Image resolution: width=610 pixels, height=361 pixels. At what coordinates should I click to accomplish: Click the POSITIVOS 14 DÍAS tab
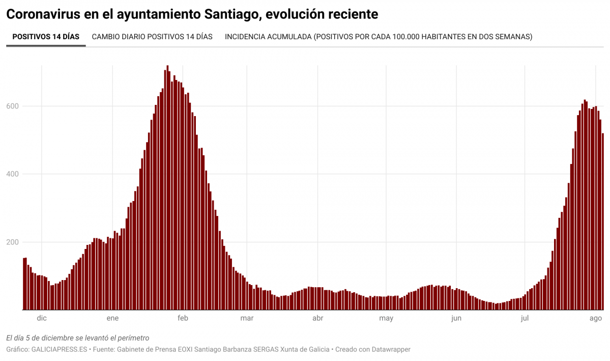[x=46, y=37]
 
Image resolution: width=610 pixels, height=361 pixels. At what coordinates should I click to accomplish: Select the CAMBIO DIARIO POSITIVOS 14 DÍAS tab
[x=152, y=37]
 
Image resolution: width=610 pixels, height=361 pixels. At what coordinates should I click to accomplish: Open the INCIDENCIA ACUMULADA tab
[x=378, y=37]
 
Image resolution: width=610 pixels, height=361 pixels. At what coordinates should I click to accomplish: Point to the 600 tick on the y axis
[x=13, y=106]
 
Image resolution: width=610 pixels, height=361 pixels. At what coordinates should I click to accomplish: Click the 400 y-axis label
[x=13, y=174]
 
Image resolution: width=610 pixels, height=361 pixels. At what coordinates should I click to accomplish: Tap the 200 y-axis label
[x=13, y=242]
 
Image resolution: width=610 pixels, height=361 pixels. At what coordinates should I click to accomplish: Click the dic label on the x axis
[x=42, y=318]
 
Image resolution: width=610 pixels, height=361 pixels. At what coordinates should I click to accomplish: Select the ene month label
[x=112, y=318]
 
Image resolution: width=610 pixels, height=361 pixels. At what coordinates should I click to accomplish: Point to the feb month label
[x=183, y=318]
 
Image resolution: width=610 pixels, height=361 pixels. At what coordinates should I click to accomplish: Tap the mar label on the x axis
[x=247, y=318]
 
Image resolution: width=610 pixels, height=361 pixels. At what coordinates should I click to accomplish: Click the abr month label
[x=317, y=318]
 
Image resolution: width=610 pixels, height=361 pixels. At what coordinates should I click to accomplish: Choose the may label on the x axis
[x=386, y=318]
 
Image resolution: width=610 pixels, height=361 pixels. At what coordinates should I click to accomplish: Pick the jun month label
[x=456, y=318]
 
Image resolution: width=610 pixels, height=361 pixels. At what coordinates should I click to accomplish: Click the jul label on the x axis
[x=525, y=318]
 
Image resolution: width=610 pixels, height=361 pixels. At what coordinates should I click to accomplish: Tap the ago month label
[x=595, y=318]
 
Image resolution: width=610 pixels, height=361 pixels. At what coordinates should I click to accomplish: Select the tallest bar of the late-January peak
[x=167, y=188]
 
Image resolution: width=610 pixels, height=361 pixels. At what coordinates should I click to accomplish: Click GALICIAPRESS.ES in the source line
[x=60, y=350]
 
